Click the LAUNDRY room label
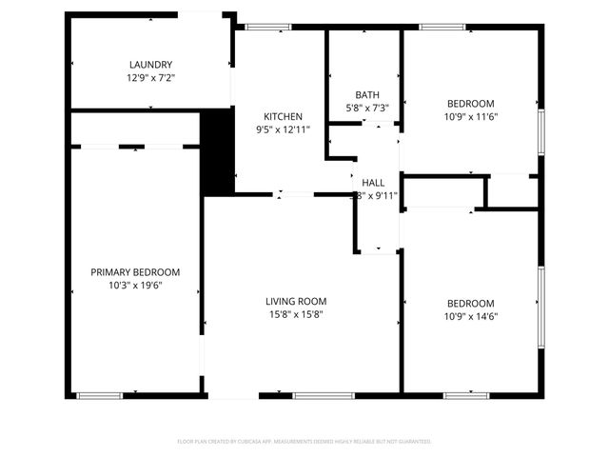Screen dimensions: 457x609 [152, 65]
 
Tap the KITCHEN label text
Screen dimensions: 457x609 [284, 116]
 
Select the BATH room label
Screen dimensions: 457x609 [367, 94]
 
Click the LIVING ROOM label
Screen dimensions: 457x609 [295, 301]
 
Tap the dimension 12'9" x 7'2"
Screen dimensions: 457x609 [152, 77]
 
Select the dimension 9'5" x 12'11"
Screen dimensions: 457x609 [284, 129]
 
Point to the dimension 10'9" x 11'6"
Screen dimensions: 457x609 [471, 116]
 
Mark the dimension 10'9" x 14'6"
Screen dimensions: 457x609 [471, 316]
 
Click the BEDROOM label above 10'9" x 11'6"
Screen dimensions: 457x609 [471, 104]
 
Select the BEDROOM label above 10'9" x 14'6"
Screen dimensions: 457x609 [471, 304]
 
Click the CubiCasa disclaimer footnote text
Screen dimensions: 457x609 [304, 442]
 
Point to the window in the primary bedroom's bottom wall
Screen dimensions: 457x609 [99, 395]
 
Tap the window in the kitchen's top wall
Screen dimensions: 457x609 [266, 27]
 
